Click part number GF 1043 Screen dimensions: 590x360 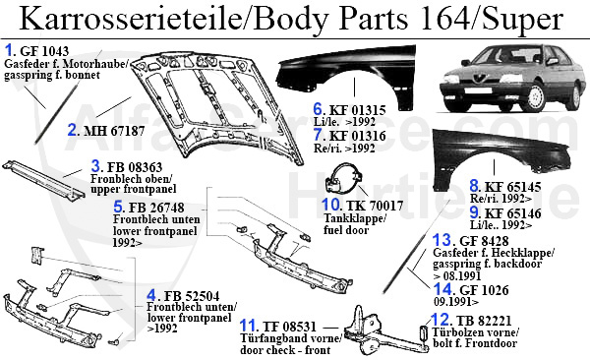44,51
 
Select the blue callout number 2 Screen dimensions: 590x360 72,130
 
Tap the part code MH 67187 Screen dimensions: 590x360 114,131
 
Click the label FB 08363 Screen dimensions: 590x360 135,167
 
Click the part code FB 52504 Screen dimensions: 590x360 192,296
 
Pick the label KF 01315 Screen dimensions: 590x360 358,110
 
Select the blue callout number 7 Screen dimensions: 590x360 318,135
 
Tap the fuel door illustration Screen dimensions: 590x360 344,178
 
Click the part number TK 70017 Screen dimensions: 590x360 374,206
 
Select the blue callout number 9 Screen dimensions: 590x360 474,212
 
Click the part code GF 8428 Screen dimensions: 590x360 484,241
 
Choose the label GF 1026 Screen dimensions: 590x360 484,290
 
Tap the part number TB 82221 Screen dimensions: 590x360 484,321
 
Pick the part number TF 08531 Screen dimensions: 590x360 289,327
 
